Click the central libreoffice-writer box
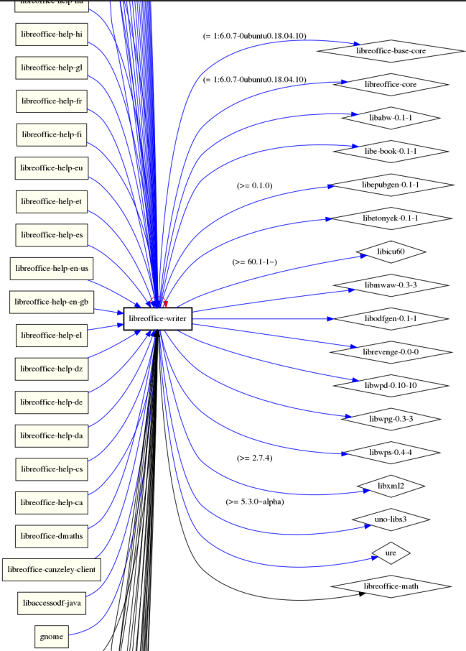pyautogui.click(x=157, y=317)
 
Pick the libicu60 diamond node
pyautogui.click(x=392, y=252)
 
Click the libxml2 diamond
pyautogui.click(x=386, y=486)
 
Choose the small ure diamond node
pyautogui.click(x=391, y=553)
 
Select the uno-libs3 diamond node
pyautogui.click(x=391, y=520)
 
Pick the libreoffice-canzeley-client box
pyautogui.click(x=51, y=570)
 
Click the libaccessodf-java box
pyautogui.click(x=52, y=603)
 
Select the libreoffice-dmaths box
pyautogui.click(x=52, y=535)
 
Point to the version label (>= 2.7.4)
pyautogui.click(x=254, y=458)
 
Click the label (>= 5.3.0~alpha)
pyautogui.click(x=254, y=502)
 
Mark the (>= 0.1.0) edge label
pyautogui.click(x=254, y=185)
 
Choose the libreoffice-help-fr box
pyautogui.click(x=52, y=101)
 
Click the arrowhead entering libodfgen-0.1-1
pyautogui.click(x=330, y=318)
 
